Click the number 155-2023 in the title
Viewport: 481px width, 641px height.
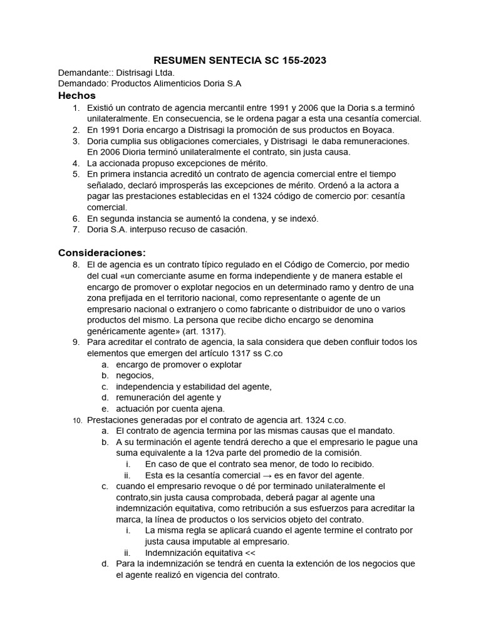tap(296, 61)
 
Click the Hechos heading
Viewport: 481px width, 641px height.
tap(76, 96)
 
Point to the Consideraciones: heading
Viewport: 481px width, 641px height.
tap(101, 253)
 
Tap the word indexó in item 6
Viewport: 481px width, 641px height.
tap(303, 218)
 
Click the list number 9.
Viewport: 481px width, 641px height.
tap(76, 342)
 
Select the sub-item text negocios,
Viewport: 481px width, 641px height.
tap(135, 375)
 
